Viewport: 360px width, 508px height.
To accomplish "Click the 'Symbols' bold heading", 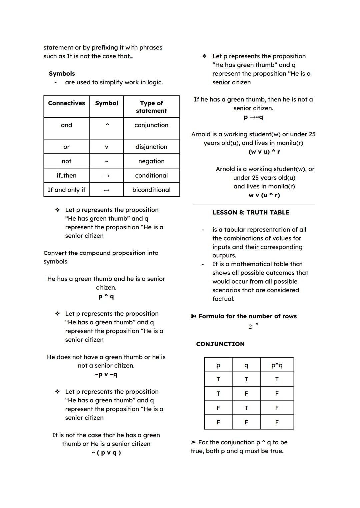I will click(62, 74).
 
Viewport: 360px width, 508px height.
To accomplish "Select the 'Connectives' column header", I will click(66, 103).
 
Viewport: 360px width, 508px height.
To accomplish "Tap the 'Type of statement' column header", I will click(151, 107).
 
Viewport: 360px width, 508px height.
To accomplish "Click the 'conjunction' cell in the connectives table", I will click(151, 125).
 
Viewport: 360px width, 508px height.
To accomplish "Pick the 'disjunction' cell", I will click(151, 147).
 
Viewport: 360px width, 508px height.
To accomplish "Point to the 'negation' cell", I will click(151, 161).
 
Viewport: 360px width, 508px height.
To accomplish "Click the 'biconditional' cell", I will click(151, 190).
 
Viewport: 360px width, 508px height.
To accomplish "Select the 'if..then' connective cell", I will click(66, 176).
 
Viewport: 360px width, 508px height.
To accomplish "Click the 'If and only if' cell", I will click(66, 190).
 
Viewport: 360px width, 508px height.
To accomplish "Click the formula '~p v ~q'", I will click(106, 375).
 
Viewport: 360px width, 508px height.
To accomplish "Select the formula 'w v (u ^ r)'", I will click(264, 195).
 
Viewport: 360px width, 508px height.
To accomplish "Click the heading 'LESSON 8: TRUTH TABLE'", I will click(251, 213).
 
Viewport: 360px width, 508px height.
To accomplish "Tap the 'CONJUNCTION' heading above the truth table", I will click(220, 344).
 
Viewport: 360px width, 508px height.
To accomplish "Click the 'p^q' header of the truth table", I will click(277, 365).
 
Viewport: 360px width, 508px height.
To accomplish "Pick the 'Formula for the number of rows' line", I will click(247, 316).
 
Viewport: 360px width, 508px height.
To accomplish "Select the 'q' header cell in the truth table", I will click(246, 365).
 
